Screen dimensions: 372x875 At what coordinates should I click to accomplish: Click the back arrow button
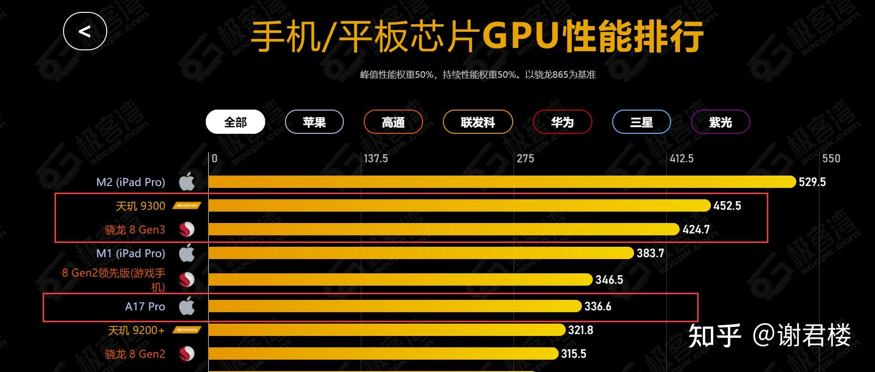(85, 31)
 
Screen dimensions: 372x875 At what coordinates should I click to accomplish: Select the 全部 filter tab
(235, 122)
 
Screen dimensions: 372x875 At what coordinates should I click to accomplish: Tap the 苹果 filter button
(314, 122)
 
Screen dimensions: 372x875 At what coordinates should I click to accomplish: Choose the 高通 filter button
(393, 122)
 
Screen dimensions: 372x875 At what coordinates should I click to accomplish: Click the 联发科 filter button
(478, 122)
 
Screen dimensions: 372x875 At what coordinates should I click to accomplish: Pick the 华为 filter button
(562, 122)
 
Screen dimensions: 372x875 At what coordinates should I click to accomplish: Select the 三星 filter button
(641, 122)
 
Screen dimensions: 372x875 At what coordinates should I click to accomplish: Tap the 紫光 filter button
(720, 122)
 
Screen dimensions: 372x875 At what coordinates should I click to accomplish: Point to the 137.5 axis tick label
(376, 158)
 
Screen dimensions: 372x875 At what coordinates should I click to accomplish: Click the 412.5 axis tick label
(682, 158)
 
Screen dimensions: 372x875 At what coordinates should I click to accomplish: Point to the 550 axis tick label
(831, 158)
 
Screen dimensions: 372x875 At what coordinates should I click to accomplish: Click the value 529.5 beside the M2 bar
(812, 182)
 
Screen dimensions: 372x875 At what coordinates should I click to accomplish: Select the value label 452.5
(727, 206)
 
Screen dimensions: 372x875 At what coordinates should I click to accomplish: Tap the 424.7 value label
(696, 230)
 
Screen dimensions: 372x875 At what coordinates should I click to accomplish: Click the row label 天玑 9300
(140, 206)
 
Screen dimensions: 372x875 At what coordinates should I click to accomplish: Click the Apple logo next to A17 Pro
(187, 306)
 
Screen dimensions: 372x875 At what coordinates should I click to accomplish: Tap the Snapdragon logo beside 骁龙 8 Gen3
(187, 230)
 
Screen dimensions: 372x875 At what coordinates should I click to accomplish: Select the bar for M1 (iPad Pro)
(421, 253)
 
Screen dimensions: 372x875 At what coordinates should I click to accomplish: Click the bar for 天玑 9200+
(387, 330)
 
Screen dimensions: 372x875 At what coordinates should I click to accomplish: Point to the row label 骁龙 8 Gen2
(135, 354)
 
